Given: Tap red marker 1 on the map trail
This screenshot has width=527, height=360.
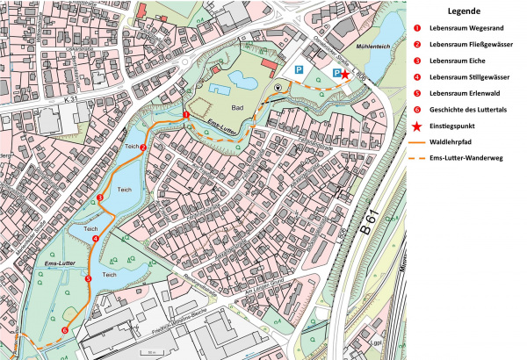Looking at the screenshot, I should [186, 115].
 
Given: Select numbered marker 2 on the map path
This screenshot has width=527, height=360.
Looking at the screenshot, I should [142, 147].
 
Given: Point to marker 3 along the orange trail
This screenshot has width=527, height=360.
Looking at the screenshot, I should [101, 199].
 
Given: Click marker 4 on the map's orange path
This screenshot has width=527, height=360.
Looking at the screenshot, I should [95, 238].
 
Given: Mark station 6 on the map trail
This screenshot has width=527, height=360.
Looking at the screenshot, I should [64, 329].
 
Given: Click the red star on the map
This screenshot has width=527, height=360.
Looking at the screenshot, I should [345, 76].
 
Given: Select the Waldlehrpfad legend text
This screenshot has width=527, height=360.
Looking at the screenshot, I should [453, 140].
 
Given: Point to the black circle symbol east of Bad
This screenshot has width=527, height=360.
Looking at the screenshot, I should [278, 88].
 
